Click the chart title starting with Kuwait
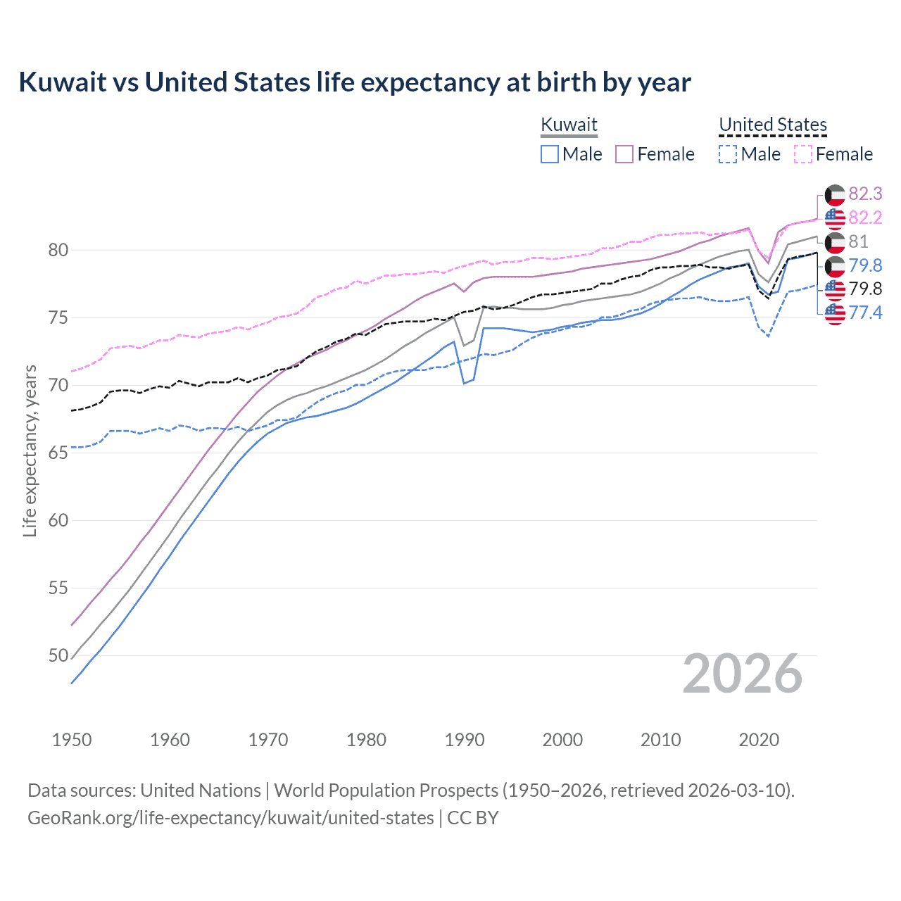coord(355,82)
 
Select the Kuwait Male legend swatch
coord(550,154)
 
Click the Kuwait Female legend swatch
coord(624,154)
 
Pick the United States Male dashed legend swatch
coord(728,154)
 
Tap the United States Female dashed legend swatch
coord(803,154)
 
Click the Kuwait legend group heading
coord(569,125)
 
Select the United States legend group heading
coord(772,125)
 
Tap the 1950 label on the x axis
coord(72,740)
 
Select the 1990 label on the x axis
coord(465,740)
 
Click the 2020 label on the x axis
coord(759,740)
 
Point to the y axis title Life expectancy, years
coord(30,450)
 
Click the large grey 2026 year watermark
coord(743,674)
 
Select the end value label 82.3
coord(865,194)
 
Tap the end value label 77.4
coord(865,313)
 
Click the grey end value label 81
coord(858,241)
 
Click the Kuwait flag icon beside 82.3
coord(835,195)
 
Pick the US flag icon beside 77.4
coord(835,313)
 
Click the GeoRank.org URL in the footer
coord(231,818)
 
